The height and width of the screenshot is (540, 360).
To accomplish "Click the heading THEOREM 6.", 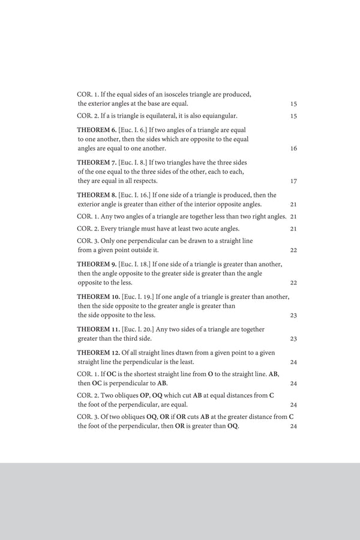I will [96, 130].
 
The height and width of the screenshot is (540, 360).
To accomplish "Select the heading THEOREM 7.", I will [96, 162].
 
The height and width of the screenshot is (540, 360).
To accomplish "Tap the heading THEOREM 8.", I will [97, 194].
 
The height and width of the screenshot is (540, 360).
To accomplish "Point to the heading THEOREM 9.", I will [97, 263].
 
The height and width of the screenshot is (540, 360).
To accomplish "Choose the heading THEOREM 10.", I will [98, 296].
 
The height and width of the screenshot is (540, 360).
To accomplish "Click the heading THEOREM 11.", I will [98, 329].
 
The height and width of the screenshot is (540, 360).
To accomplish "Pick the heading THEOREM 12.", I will [98, 352].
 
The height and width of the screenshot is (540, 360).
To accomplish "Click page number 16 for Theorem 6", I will [293, 149].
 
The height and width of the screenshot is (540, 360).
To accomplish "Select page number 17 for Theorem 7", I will [293, 181].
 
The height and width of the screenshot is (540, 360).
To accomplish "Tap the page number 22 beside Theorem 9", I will [293, 283].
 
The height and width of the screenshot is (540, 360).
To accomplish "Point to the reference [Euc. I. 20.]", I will [137, 329].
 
